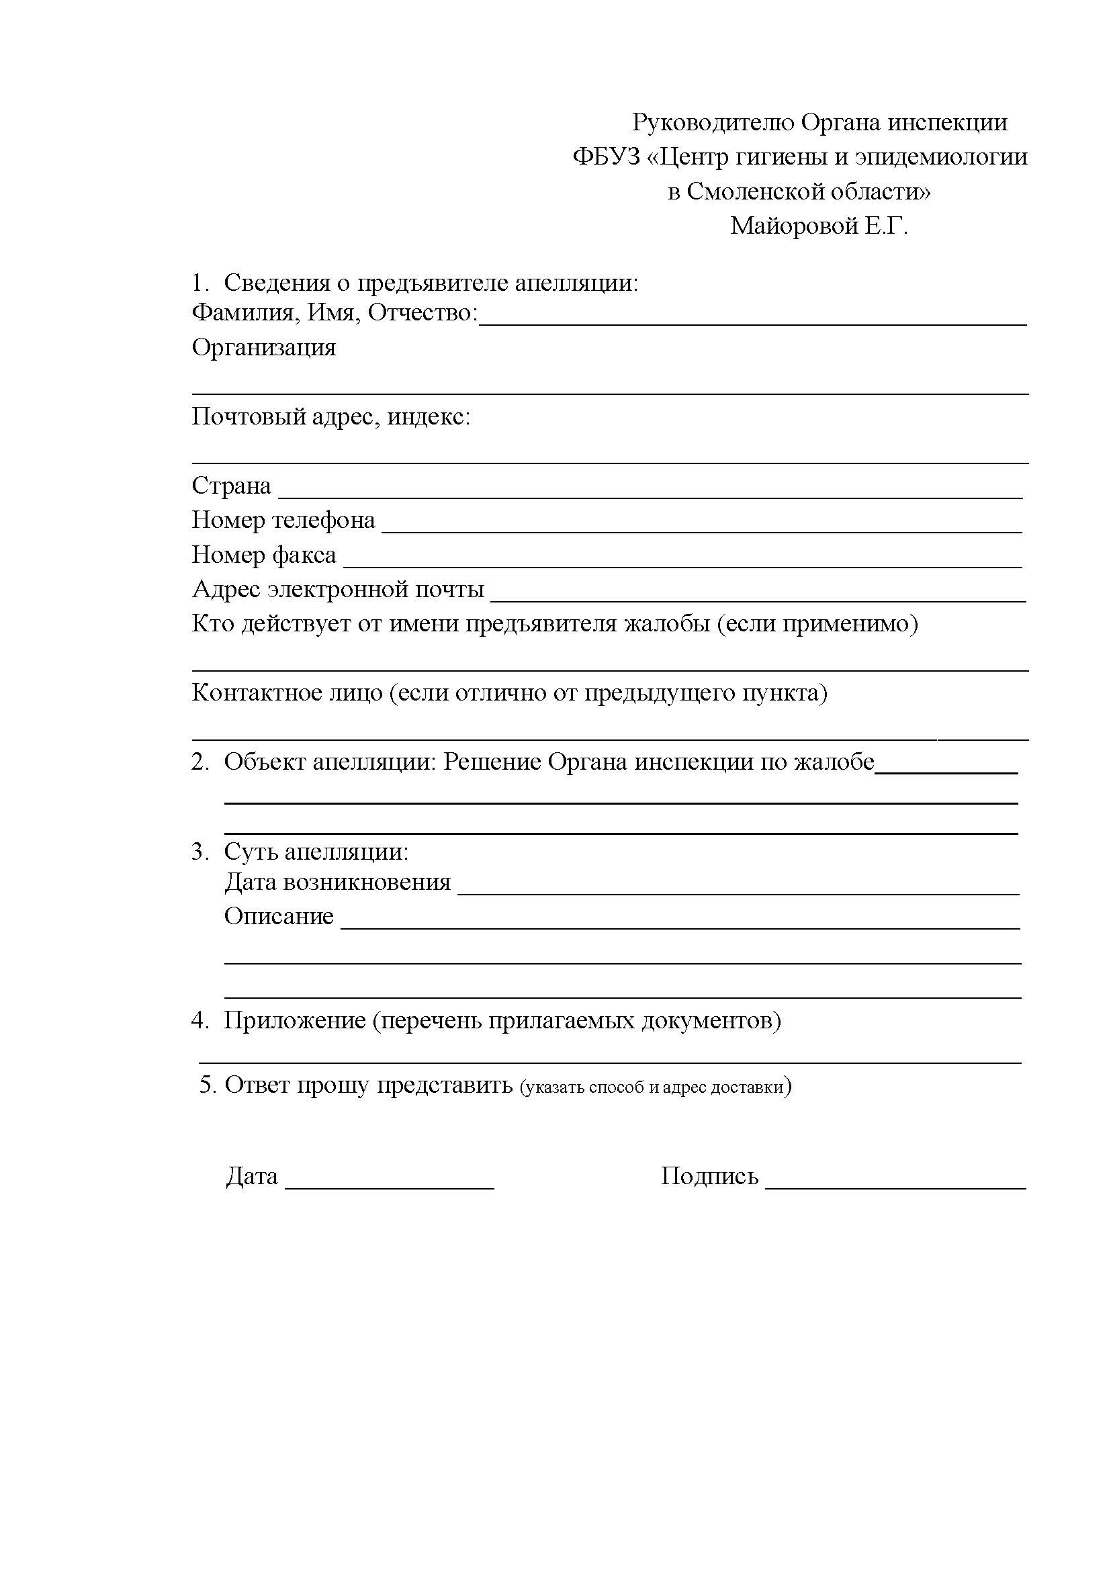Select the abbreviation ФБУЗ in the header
(x=605, y=157)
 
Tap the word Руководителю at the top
(x=712, y=123)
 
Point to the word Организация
(x=263, y=348)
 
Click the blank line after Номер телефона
(x=701, y=529)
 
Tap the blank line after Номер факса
(x=682, y=564)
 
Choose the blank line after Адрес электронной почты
(x=758, y=598)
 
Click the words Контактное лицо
(x=287, y=693)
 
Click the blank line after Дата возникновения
(x=738, y=891)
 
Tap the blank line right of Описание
(x=680, y=925)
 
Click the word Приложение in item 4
(x=294, y=1021)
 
